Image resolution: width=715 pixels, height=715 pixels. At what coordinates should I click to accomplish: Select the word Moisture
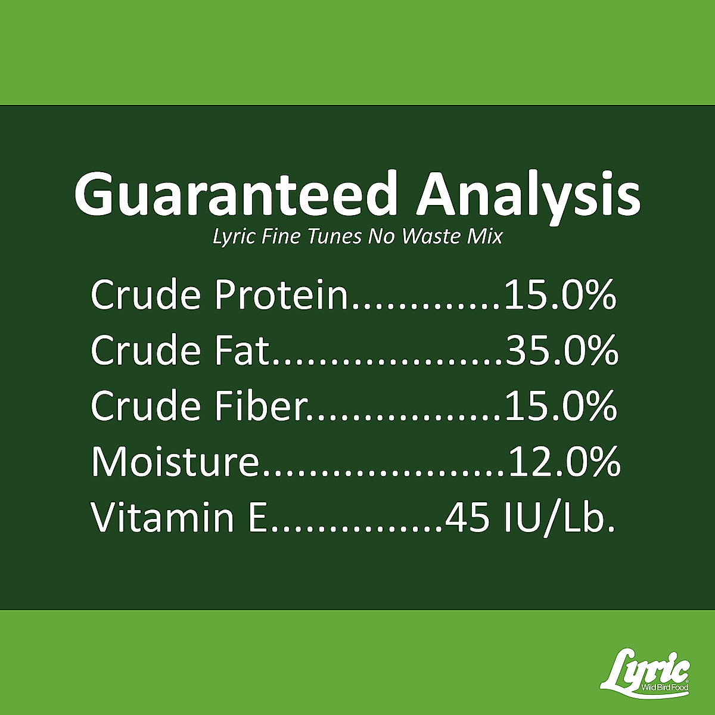(x=175, y=462)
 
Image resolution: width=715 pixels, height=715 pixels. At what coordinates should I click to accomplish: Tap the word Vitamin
(x=163, y=517)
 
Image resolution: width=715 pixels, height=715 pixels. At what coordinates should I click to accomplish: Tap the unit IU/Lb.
(x=559, y=518)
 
